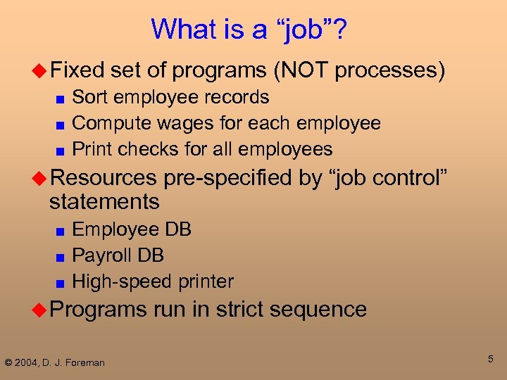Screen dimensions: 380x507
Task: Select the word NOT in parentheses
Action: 303,70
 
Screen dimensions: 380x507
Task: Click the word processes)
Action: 391,70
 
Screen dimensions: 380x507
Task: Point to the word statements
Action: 104,202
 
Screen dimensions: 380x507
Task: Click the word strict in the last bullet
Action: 248,309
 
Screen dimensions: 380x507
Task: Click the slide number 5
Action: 491,360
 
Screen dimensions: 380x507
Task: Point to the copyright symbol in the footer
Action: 8,363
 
